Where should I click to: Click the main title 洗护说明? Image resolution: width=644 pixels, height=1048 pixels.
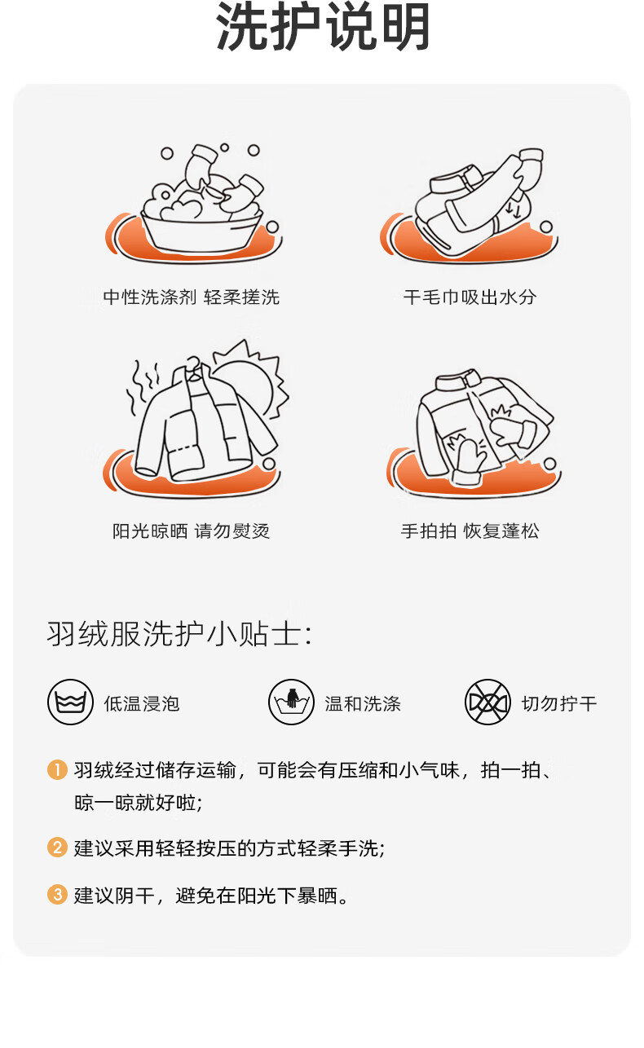coord(323,27)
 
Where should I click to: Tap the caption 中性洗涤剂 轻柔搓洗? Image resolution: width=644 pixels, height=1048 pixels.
coord(192,297)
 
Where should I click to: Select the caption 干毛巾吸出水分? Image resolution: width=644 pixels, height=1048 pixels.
coord(470,297)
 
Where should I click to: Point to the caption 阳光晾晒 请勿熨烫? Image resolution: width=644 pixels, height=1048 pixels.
coord(191,531)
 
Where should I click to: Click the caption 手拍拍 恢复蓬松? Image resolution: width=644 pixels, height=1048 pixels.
coord(470,531)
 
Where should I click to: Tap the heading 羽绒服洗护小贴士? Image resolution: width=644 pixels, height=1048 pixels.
coord(179,634)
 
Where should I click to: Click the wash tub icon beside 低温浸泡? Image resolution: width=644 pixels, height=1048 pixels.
coord(70,702)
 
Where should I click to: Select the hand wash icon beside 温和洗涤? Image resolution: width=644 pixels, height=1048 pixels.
coord(291,702)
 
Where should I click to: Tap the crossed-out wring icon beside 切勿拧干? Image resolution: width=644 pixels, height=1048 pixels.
coord(487,702)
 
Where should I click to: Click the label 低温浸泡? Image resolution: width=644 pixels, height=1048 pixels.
coord(142,703)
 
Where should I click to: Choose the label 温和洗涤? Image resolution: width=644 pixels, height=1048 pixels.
coord(363,703)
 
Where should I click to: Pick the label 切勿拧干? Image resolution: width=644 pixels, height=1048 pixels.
coord(559,703)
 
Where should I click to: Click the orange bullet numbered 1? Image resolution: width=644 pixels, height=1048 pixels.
coord(58,769)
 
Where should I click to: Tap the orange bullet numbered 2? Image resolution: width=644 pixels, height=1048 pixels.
coord(58,848)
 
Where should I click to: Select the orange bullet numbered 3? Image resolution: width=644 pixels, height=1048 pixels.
coord(58,894)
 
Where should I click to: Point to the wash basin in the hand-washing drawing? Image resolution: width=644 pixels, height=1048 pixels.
coord(201,234)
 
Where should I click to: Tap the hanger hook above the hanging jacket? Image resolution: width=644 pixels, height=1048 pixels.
coord(192,362)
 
